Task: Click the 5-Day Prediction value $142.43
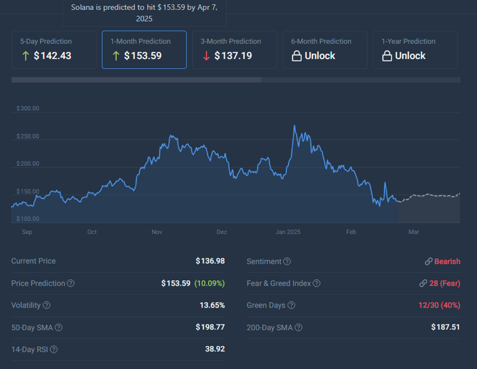(x=52, y=56)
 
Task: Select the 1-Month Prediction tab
(x=144, y=49)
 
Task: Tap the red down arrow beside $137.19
(x=206, y=56)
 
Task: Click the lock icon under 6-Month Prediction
(x=297, y=56)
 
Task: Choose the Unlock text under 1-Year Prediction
(x=410, y=56)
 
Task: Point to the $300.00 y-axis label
(x=27, y=109)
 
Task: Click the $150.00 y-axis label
(x=27, y=192)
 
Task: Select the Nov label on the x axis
(x=157, y=232)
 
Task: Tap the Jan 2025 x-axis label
(x=288, y=232)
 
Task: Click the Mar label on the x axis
(x=414, y=232)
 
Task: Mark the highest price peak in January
(x=294, y=126)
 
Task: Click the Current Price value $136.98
(x=210, y=261)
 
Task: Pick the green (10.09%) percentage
(x=209, y=283)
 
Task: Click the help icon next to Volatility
(x=47, y=305)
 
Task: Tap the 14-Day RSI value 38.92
(x=215, y=349)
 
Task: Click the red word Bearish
(x=447, y=262)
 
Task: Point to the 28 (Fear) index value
(x=445, y=283)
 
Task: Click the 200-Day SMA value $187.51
(x=445, y=327)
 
